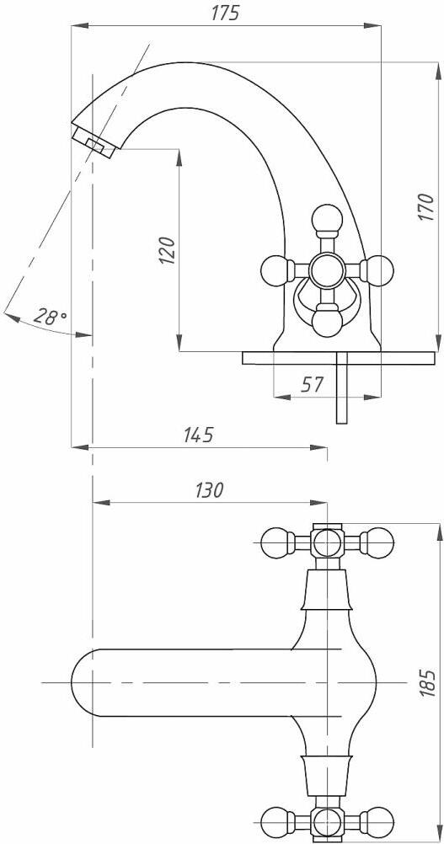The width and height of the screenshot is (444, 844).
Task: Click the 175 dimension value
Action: [x=225, y=13]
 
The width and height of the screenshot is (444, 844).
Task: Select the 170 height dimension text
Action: [x=425, y=206]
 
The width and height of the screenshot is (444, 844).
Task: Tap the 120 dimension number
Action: [x=168, y=250]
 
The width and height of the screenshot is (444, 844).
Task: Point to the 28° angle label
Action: [x=50, y=315]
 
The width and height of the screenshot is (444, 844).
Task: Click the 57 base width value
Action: [x=312, y=384]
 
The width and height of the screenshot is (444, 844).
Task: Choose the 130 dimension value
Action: [x=208, y=490]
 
